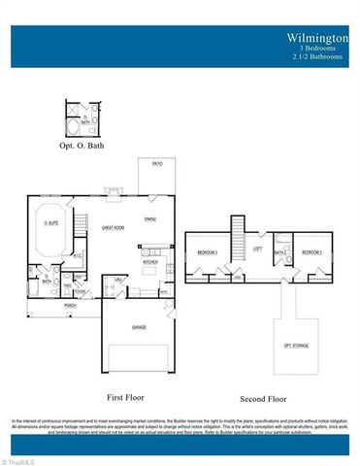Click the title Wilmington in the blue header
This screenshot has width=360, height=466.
coord(316,38)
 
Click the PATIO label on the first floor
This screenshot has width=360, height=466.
coord(156,165)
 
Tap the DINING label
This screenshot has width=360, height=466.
coord(150,218)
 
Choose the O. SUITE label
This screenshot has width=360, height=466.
coord(51,222)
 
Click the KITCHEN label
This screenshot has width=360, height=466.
coord(150,261)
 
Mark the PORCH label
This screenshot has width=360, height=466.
coord(70,305)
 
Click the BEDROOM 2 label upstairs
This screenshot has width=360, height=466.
coord(208,252)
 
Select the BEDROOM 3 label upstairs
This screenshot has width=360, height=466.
coord(311,252)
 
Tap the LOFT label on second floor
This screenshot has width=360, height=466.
coord(257,248)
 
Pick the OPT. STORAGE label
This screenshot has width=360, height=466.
coord(295,345)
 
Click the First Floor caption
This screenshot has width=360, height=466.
coord(127,397)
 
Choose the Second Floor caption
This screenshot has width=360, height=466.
coord(263,399)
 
